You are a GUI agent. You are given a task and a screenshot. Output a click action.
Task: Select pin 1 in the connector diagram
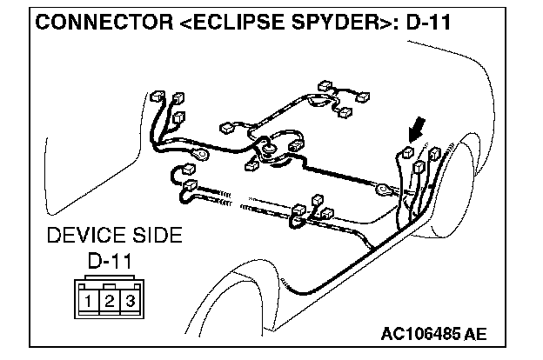pos(90,302)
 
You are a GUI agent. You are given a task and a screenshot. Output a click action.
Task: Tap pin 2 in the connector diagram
pos(109,302)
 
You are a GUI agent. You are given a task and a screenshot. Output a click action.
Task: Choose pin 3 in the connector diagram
pos(128,302)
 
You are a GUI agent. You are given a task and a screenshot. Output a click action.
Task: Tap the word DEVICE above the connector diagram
pos(79,236)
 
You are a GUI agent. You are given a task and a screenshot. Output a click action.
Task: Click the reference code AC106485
pos(420,335)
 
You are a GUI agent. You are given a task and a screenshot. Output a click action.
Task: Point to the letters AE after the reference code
pos(475,335)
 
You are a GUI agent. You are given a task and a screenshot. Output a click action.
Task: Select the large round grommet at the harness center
pos(271,150)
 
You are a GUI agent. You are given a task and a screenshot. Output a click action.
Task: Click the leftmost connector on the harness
pos(156,96)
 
